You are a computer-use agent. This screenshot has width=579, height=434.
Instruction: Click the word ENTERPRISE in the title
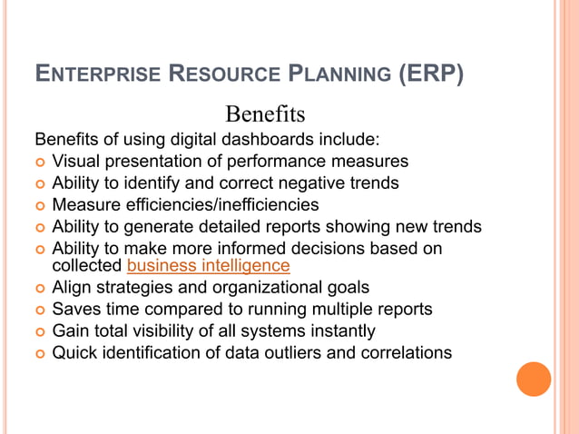(x=93, y=74)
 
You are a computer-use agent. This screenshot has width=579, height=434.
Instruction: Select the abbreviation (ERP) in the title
(x=432, y=74)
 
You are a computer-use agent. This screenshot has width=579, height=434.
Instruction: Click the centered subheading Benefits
(x=265, y=115)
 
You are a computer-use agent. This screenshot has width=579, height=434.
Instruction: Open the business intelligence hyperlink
(x=209, y=266)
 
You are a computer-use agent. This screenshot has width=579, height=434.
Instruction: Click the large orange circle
(x=534, y=379)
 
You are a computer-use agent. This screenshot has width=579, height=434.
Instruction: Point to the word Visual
(x=75, y=162)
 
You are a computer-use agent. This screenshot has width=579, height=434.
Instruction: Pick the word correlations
(x=404, y=352)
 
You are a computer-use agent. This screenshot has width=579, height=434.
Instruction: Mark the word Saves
(x=75, y=309)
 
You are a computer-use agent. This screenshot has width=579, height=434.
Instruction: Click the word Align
(x=72, y=287)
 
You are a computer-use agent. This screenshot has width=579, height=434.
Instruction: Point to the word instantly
(x=342, y=330)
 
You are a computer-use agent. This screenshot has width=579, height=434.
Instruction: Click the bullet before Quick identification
(x=39, y=353)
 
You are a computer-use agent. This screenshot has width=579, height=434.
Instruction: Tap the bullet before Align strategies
(x=39, y=288)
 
